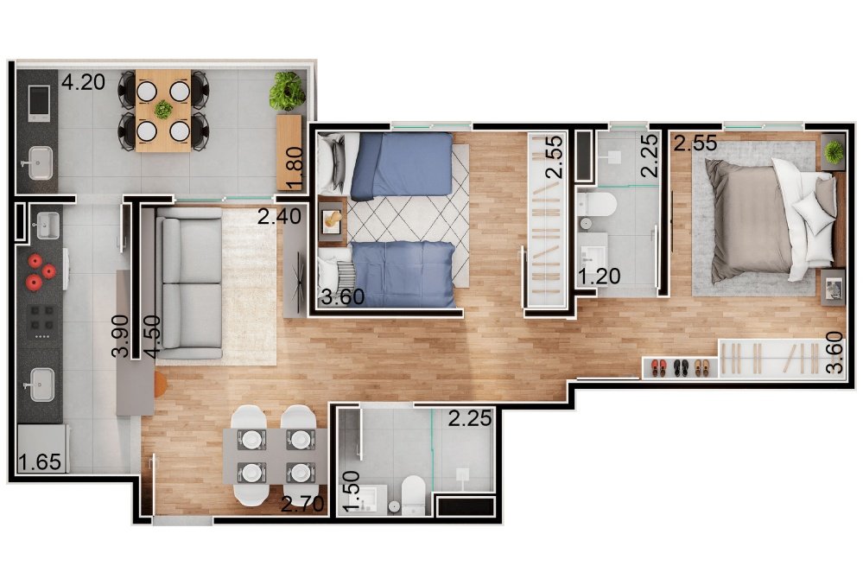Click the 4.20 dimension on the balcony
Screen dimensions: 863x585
coord(83,82)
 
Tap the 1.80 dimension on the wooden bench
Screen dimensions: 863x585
coord(295,168)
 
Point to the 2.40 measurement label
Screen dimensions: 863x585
coord(280,216)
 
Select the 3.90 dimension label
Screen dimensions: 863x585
coord(120,335)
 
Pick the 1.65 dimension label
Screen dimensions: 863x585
coord(40,462)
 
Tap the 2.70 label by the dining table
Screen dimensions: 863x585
coord(302,504)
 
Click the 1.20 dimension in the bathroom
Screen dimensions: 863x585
coord(599,276)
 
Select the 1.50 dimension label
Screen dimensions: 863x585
coord(351,492)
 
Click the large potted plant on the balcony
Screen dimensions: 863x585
coord(287,92)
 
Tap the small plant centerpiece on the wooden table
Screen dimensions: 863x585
coord(163,110)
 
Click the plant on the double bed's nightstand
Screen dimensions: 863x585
coord(834,151)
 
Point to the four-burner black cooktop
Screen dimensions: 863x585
coord(42,321)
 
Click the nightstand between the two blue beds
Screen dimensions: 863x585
coord(332,220)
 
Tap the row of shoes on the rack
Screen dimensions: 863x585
coord(680,367)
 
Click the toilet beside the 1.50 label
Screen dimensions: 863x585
coord(413,494)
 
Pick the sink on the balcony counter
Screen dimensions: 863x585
coord(41,162)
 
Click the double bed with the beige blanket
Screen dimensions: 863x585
coord(770,220)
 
